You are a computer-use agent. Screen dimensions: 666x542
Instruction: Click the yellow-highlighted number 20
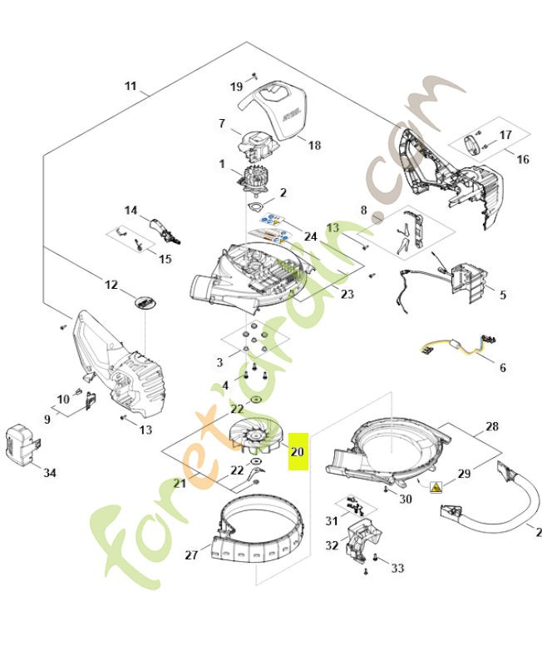298,452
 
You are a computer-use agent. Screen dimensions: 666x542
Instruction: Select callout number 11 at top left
131,86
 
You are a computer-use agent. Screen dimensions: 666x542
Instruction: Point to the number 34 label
50,473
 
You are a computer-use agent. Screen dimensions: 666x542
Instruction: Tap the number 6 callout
501,367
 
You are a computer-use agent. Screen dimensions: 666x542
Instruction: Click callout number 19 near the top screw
236,87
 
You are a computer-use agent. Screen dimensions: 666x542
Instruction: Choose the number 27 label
192,554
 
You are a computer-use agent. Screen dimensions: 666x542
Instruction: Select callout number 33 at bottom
397,568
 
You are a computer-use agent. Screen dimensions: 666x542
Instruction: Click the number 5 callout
503,295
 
